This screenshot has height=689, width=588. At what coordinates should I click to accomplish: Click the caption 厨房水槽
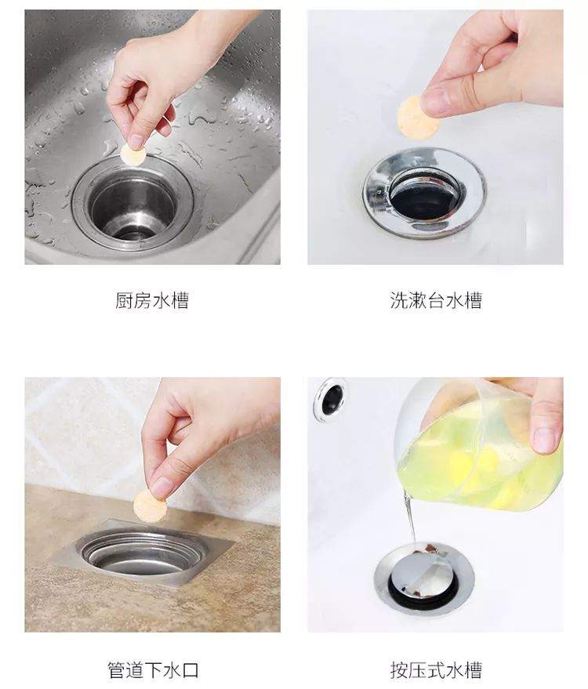click(152, 301)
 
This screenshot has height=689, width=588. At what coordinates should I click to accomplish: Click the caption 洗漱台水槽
click(435, 301)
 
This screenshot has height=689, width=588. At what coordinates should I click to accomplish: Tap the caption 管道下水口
click(153, 670)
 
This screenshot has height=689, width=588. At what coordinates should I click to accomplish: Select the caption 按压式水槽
click(435, 670)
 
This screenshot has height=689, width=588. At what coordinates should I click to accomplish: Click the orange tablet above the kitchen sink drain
click(133, 155)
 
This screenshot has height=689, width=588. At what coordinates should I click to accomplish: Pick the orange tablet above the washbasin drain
click(412, 116)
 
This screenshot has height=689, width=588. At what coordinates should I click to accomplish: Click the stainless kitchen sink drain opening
click(132, 205)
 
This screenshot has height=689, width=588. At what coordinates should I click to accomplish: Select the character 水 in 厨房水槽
click(162, 301)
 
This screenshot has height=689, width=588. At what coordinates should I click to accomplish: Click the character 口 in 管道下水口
click(191, 670)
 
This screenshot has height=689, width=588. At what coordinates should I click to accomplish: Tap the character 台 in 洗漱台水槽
click(435, 301)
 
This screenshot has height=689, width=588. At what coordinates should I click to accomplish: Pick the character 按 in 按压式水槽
click(398, 670)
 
